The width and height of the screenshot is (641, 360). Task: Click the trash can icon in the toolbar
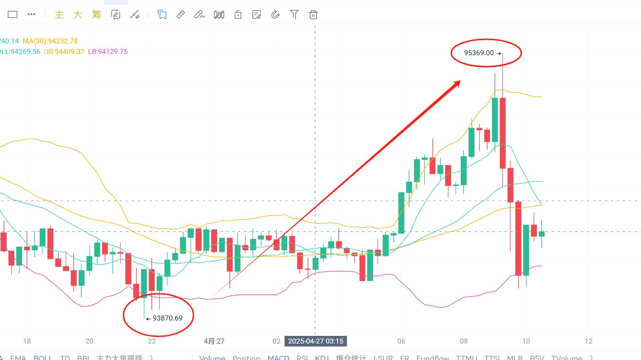pyautogui.click(x=313, y=15)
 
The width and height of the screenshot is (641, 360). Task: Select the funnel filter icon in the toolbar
pyautogui.click(x=294, y=15)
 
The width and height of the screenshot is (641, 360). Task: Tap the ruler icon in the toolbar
pyautogui.click(x=180, y=15)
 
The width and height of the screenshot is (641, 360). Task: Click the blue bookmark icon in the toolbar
pyautogui.click(x=162, y=15)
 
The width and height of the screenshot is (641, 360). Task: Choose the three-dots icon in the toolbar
pyautogui.click(x=32, y=15)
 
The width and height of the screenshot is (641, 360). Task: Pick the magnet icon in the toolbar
pyautogui.click(x=275, y=15)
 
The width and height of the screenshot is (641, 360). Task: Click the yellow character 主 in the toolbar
pyautogui.click(x=59, y=15)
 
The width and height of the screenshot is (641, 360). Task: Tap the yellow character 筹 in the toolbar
pyautogui.click(x=97, y=15)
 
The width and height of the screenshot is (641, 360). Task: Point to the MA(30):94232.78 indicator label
pyautogui.click(x=50, y=41)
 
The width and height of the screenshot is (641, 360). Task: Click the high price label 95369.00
pyautogui.click(x=479, y=53)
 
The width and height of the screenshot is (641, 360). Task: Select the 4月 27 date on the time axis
pyautogui.click(x=214, y=341)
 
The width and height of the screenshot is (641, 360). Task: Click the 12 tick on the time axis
pyautogui.click(x=588, y=341)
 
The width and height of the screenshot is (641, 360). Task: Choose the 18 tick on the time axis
pyautogui.click(x=26, y=341)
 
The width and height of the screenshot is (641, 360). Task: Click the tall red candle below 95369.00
pyautogui.click(x=502, y=132)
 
